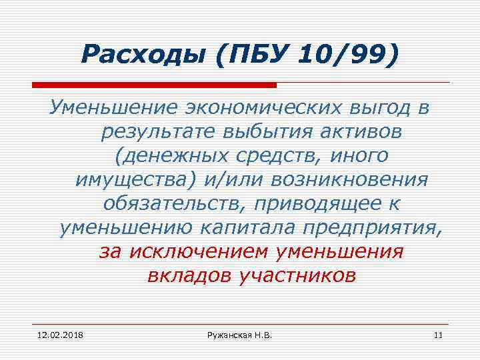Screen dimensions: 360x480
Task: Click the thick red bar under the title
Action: (x=154, y=85)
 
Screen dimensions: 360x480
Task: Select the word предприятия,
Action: (x=373, y=228)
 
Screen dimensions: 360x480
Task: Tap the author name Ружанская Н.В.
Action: (x=239, y=333)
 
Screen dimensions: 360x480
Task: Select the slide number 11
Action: (x=438, y=333)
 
